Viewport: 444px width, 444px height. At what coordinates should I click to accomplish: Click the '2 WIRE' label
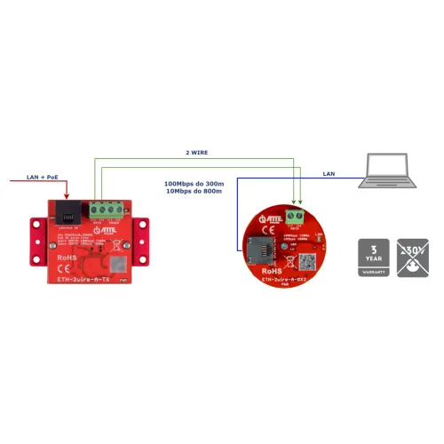click(197, 153)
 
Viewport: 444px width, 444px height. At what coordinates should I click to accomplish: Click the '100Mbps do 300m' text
click(194, 184)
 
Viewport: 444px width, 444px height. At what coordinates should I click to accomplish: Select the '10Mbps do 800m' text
click(194, 191)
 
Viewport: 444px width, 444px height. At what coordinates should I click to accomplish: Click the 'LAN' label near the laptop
click(329, 173)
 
